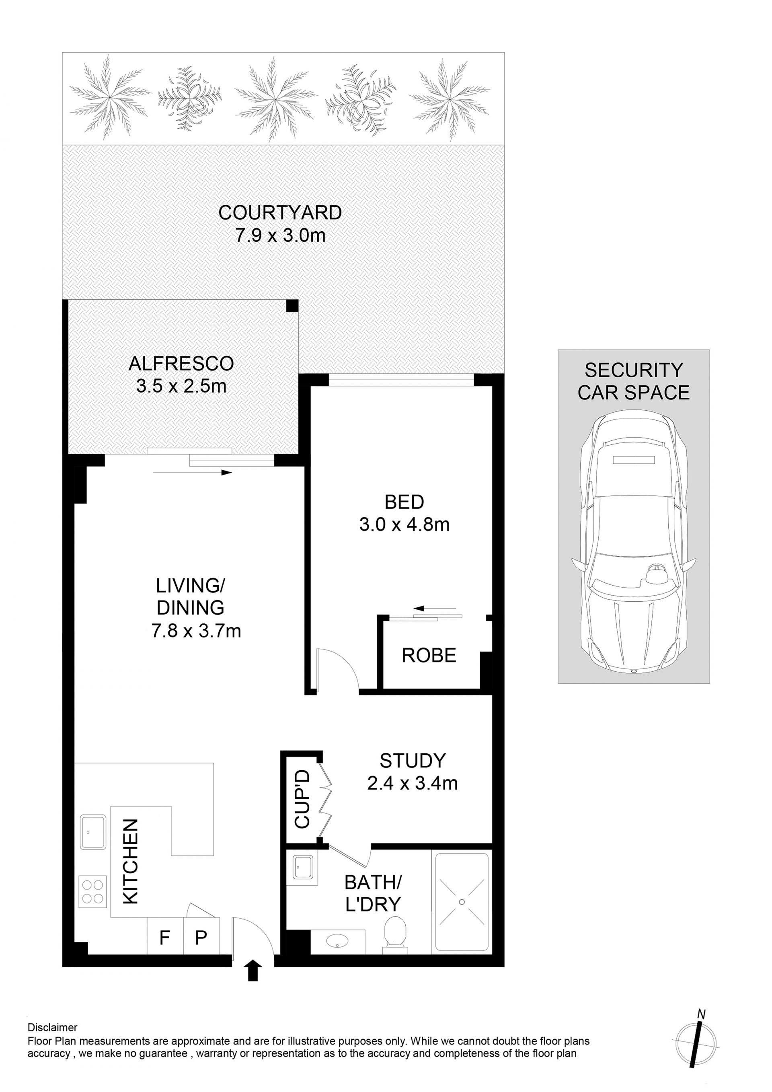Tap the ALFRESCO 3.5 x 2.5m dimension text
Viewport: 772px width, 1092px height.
[x=181, y=386]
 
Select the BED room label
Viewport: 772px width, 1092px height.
[x=404, y=502]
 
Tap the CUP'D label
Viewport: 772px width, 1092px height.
[x=302, y=799]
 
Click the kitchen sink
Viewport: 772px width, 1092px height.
[x=93, y=832]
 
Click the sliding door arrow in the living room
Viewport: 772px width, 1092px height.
[x=193, y=473]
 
